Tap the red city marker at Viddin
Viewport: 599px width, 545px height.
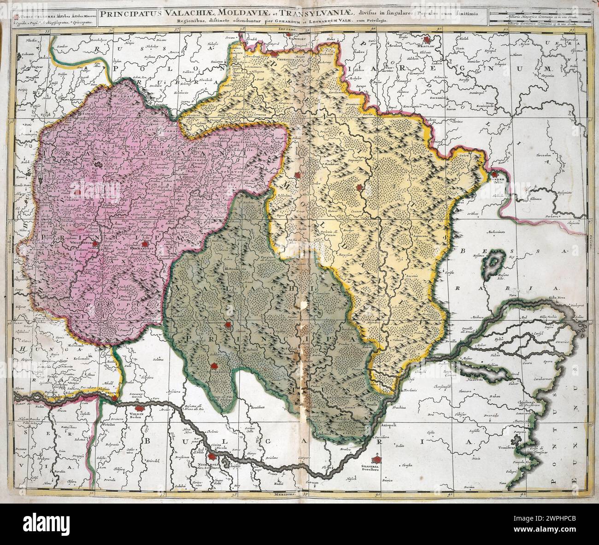click(138, 408)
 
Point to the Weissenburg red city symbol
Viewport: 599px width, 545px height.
click(95, 244)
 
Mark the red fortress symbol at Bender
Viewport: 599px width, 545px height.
click(495, 174)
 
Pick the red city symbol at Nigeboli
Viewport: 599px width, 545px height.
click(211, 457)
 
